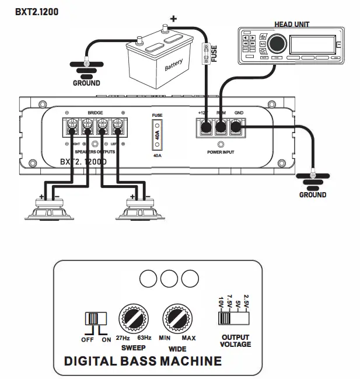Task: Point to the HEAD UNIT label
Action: click(292, 25)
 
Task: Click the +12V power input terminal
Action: click(205, 126)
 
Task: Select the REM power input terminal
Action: click(221, 126)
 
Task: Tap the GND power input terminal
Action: click(237, 126)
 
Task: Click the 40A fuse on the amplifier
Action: click(157, 135)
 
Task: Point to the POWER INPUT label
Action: click(221, 151)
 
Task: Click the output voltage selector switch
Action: click(232, 317)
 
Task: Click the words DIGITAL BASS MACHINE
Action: click(142, 360)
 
